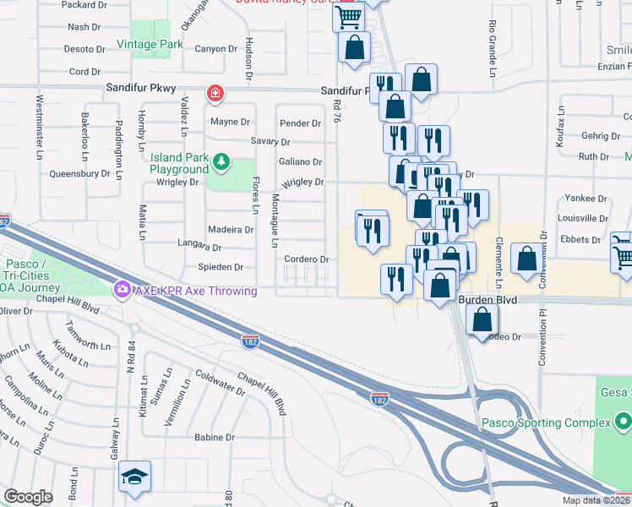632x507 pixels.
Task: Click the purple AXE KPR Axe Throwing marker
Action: (123, 291)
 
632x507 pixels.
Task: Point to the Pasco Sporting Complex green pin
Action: (623, 420)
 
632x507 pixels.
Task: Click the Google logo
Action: (28, 497)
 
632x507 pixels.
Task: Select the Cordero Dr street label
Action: (306, 259)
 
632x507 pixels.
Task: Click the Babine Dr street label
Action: (214, 438)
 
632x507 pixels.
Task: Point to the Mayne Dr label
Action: (231, 122)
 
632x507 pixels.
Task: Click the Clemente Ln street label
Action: (500, 259)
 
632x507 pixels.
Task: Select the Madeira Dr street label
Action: (231, 229)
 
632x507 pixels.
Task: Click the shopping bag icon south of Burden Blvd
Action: (481, 321)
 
